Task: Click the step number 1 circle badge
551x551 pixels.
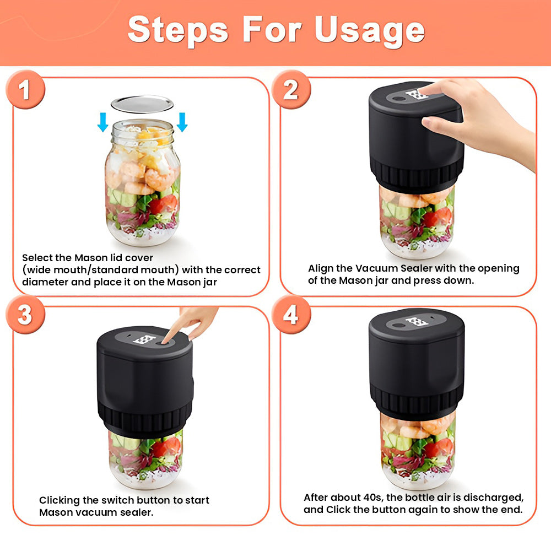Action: click(x=25, y=89)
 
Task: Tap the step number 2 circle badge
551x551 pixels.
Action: click(x=291, y=89)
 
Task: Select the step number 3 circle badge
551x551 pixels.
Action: click(x=25, y=315)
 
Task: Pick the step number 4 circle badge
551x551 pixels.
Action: click(x=291, y=315)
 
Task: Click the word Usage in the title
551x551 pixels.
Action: click(x=369, y=31)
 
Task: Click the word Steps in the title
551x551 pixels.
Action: click(x=178, y=31)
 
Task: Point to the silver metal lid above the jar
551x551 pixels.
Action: click(x=142, y=104)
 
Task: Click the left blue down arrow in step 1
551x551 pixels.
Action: click(x=103, y=122)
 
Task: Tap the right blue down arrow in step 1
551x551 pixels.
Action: click(x=182, y=122)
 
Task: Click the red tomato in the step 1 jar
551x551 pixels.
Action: click(x=164, y=204)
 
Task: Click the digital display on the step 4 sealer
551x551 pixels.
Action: click(x=417, y=322)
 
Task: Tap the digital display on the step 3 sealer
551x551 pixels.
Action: click(x=144, y=339)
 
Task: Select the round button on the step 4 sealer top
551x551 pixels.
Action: click(x=398, y=325)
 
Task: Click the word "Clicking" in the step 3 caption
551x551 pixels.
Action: click(x=60, y=500)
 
